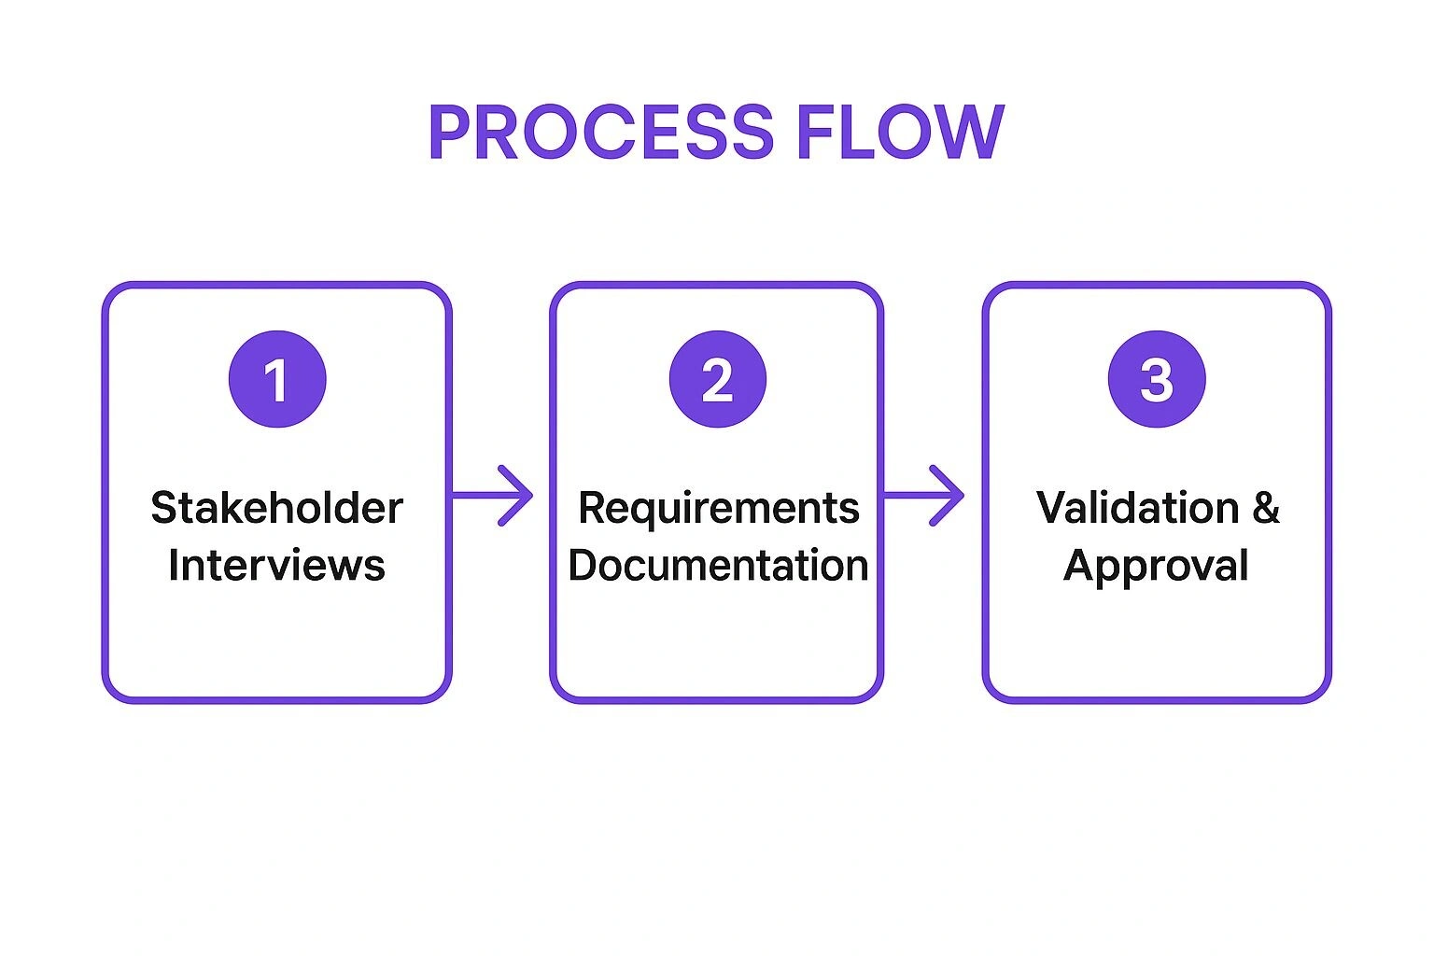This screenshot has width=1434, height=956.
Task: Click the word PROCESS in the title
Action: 601,132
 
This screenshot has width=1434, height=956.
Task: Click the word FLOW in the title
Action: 900,132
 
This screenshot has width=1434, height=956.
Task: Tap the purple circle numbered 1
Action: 277,379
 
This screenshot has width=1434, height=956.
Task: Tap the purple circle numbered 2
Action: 717,379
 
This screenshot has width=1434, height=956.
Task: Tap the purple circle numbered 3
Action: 1156,379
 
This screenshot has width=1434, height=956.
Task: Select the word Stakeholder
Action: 276,508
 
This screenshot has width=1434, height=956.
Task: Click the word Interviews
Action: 276,566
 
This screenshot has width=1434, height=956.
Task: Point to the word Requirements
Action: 718,508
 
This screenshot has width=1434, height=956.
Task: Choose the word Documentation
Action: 718,566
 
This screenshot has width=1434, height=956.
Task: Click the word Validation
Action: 1137,508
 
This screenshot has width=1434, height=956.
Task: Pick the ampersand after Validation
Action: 1266,508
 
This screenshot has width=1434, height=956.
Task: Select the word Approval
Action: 1156,566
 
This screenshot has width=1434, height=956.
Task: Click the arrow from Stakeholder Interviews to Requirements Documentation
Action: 491,495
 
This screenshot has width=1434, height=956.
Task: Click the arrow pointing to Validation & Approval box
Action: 922,495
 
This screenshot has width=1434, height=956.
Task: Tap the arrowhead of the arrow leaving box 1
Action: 519,495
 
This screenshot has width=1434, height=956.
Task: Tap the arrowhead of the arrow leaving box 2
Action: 950,495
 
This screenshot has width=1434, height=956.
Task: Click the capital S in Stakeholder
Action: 163,508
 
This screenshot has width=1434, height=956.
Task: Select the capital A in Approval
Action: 1079,566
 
